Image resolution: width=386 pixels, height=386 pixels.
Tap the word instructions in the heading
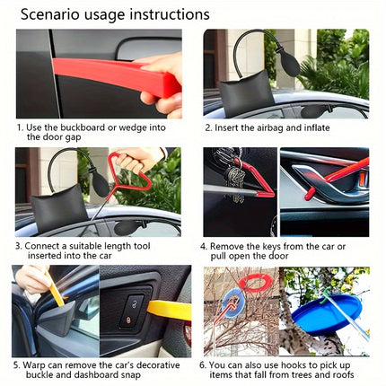tap(169, 14)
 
